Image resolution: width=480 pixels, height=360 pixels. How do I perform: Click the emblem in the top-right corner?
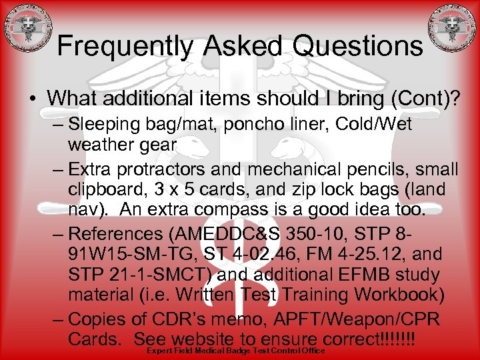[x=452, y=30]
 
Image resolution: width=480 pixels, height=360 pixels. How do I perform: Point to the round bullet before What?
[x=33, y=98]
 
